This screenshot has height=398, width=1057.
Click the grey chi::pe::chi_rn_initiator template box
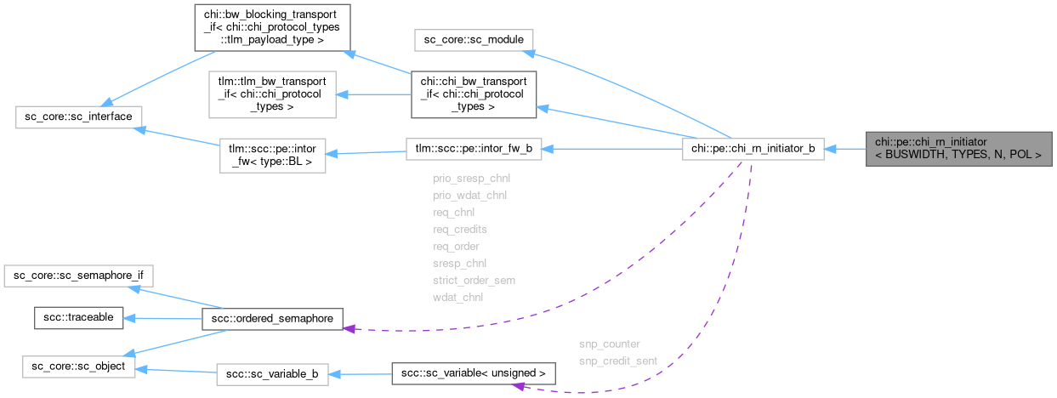(x=958, y=149)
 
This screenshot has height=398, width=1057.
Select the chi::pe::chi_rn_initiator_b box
(x=753, y=149)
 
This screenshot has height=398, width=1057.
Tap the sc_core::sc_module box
(x=473, y=40)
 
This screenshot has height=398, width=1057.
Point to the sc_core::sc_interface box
(x=79, y=116)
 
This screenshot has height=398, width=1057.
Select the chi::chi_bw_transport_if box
(x=473, y=94)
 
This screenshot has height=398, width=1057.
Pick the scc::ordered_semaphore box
(x=272, y=318)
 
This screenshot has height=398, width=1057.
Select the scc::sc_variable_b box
(x=272, y=373)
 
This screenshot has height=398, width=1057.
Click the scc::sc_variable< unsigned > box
(x=473, y=373)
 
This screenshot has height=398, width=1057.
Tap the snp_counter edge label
(x=609, y=344)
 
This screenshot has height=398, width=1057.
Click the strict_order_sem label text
(x=474, y=280)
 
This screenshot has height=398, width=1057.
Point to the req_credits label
(x=459, y=229)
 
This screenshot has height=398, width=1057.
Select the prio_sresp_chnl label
(x=471, y=179)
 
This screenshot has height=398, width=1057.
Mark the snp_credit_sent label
(x=617, y=361)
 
